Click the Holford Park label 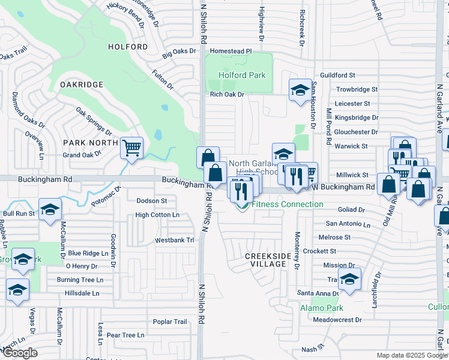[241, 76]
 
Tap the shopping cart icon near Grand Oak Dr [131, 147]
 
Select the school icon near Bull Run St [50, 209]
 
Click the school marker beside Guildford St [301, 91]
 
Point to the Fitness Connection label [288, 205]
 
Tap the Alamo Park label [321, 308]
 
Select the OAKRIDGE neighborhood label [82, 85]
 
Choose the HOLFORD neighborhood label [128, 46]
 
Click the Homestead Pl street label [231, 52]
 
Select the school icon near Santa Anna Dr [349, 278]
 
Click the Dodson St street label [152, 200]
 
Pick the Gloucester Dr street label [357, 132]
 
